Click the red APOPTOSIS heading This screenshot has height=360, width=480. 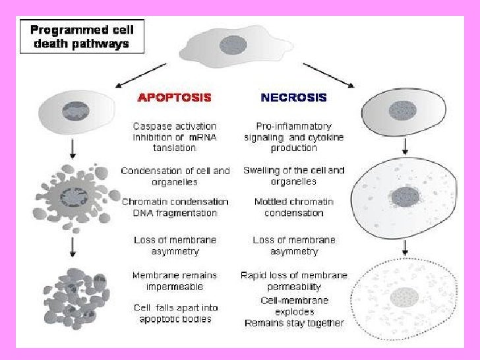pos(174,97)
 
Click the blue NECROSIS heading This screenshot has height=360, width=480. pos(293,97)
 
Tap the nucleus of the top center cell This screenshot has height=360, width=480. pos(233,45)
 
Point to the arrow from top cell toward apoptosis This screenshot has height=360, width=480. pos(137,75)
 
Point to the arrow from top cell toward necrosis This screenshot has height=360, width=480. pos(328,75)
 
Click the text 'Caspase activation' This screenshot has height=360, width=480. pos(174,126)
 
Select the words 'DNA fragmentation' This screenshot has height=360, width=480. pos(174,213)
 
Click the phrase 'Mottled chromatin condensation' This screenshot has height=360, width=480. pos(293,207)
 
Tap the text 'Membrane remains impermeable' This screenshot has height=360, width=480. pos(174,280)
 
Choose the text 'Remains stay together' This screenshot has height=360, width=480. pos(293,323)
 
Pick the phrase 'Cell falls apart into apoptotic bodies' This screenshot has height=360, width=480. pos(174,313)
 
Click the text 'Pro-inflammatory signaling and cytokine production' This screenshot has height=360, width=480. pos(293,136)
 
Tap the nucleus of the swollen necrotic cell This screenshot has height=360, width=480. pos(402,196)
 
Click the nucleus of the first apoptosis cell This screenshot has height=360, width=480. pos(75,109)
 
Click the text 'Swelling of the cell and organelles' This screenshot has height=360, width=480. pos(293,175)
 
